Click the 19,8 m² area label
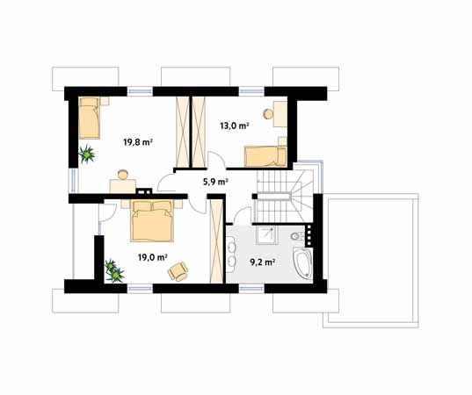(138, 142)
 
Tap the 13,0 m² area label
(235, 126)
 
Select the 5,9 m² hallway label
(215, 182)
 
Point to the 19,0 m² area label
(153, 257)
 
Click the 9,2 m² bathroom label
(263, 262)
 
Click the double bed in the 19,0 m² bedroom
(152, 221)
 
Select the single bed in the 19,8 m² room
(89, 118)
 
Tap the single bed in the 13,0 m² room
(265, 156)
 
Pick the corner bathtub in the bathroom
(303, 263)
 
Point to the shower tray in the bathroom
(266, 235)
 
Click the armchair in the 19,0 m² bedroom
(178, 271)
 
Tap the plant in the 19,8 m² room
(87, 154)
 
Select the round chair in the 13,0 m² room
(268, 114)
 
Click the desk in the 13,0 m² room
(280, 114)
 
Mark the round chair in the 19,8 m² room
(123, 175)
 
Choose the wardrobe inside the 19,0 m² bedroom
(216, 241)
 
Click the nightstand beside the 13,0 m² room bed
(282, 141)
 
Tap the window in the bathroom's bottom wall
(251, 288)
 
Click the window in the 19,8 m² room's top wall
(140, 91)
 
